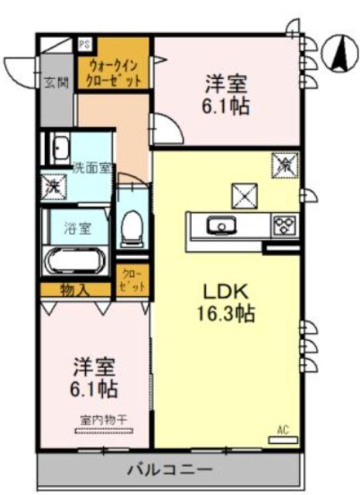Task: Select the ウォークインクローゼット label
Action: point(115,73)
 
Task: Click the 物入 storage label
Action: point(75,291)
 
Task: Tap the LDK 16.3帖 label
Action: point(225,303)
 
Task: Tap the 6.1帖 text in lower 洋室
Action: point(95,384)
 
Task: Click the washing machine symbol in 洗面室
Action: point(53,186)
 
